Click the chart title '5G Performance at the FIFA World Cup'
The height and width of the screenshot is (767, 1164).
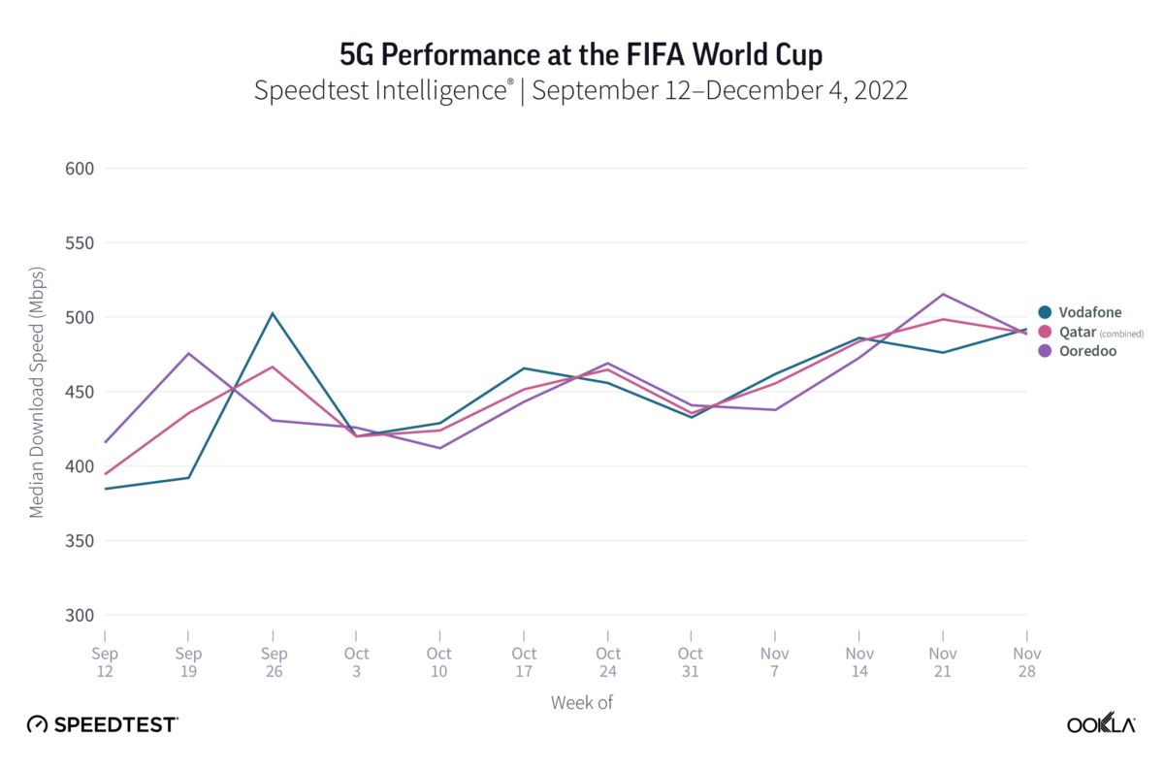pyautogui.click(x=581, y=54)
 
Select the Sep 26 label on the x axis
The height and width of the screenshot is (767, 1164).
pyautogui.click(x=274, y=662)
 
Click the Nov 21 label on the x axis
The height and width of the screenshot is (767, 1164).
pyautogui.click(x=943, y=662)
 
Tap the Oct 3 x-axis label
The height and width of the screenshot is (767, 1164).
pyautogui.click(x=357, y=662)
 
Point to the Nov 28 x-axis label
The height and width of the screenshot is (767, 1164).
pyautogui.click(x=1026, y=662)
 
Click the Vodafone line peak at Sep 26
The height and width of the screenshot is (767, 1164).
pyautogui.click(x=274, y=313)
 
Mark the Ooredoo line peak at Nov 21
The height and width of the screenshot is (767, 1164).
pyautogui.click(x=943, y=294)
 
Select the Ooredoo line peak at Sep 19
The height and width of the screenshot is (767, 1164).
pyautogui.click(x=189, y=353)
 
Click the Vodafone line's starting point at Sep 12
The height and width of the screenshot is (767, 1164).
pyautogui.click(x=105, y=489)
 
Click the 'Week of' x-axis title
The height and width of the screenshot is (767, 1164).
pyautogui.click(x=581, y=702)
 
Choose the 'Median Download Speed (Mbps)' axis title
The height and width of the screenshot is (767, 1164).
pyautogui.click(x=37, y=392)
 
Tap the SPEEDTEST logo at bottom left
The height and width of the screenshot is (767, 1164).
pyautogui.click(x=102, y=724)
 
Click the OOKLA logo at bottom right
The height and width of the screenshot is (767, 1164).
pyautogui.click(x=1101, y=724)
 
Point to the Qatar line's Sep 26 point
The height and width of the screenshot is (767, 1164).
pyautogui.click(x=274, y=367)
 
